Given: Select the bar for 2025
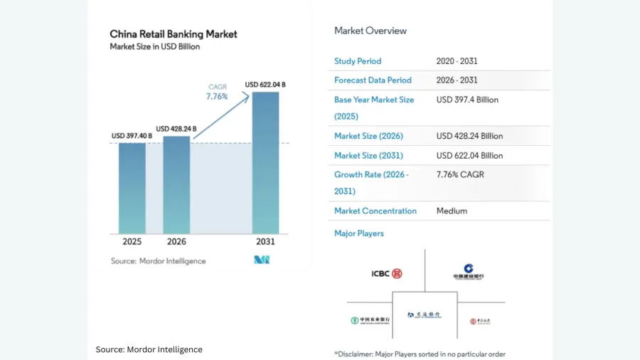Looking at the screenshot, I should (132, 188).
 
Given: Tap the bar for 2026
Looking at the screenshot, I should (176, 184).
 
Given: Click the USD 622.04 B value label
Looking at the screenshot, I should (265, 85).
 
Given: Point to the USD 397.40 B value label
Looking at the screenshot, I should (132, 136).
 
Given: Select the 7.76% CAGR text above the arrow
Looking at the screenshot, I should (217, 96).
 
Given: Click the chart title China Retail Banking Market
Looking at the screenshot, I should (174, 33).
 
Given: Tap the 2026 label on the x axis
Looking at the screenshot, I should (176, 242).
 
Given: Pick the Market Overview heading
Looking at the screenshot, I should (370, 31).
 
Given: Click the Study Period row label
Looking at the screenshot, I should (358, 61).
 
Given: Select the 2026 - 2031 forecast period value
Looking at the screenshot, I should (457, 80).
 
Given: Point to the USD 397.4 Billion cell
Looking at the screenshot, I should (467, 100).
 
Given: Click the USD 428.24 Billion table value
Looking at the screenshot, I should (469, 136).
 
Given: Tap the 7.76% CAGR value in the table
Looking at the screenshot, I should (460, 174).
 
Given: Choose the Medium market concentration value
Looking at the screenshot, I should (452, 211).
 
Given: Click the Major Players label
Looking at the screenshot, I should (359, 233).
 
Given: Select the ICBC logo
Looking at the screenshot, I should (387, 274).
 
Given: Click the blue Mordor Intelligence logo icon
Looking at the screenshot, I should (261, 260).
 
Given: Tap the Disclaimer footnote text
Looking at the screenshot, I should (420, 354).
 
